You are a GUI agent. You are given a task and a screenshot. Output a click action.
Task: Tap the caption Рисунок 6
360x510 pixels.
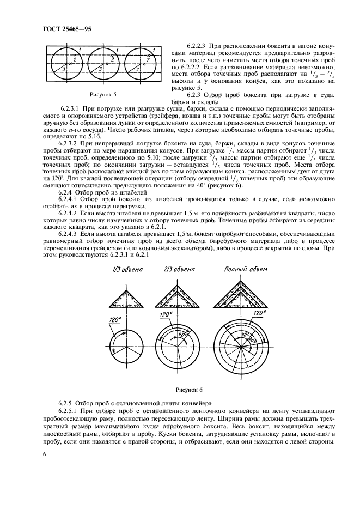[x=188, y=390]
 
